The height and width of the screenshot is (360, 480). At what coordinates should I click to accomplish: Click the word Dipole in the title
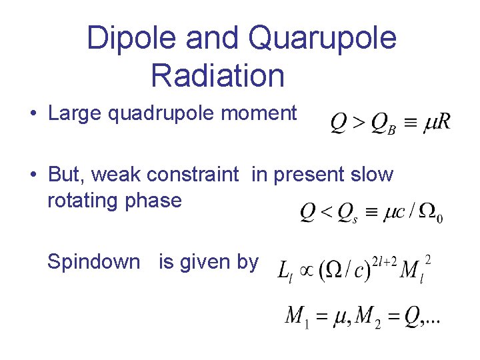click(131, 39)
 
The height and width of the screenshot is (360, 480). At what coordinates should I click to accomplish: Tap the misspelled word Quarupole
click(323, 39)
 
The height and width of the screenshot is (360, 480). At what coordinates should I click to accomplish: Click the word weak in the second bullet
click(116, 175)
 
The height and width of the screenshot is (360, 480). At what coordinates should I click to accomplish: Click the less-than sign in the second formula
click(326, 213)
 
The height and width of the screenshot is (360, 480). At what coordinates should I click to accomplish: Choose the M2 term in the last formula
click(369, 315)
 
